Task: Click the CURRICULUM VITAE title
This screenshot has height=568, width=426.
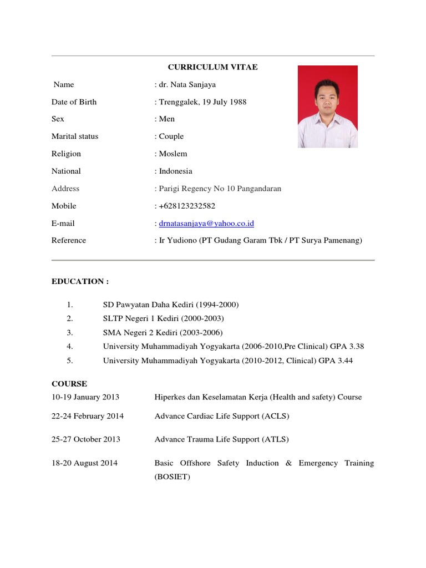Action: click(213, 67)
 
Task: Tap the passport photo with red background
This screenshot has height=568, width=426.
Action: click(327, 106)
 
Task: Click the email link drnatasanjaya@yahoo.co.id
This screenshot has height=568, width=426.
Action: click(206, 224)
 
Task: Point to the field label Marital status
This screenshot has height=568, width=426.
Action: click(75, 136)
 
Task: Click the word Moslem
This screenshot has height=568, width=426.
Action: click(173, 154)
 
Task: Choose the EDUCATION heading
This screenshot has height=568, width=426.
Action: click(80, 281)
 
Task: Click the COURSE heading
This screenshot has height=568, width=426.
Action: click(69, 384)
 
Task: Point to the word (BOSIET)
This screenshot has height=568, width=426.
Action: click(173, 476)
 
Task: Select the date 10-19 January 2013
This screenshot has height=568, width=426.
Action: click(85, 397)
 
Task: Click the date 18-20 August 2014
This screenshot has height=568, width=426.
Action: click(84, 463)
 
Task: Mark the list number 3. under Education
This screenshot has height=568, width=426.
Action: click(70, 333)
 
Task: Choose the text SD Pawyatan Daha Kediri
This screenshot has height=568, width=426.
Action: click(146, 305)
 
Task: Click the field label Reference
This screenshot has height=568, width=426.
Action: click(69, 240)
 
